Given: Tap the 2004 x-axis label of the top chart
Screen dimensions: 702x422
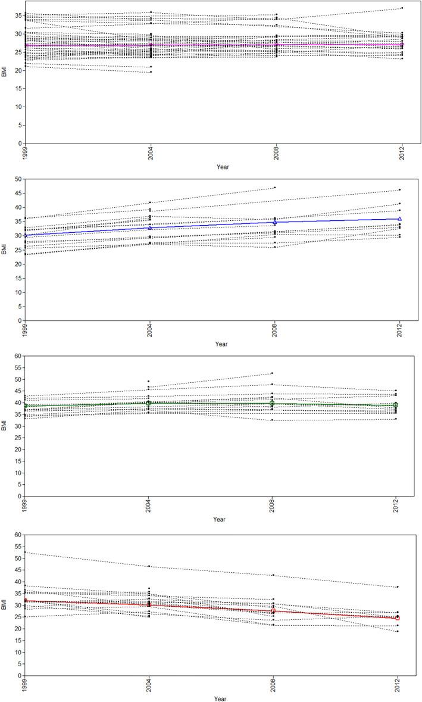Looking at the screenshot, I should [151, 152].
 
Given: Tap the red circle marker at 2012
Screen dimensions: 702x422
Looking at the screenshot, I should [397, 618].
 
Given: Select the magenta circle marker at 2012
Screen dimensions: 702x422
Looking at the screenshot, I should [402, 44].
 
